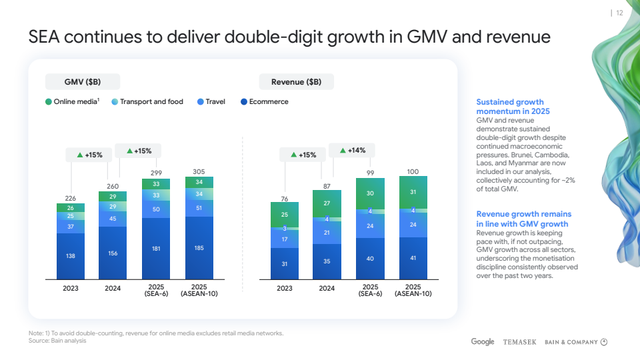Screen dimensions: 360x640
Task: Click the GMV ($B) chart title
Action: (x=83, y=82)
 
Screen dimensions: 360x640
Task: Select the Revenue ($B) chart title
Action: (x=296, y=82)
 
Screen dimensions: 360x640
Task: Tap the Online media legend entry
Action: (x=73, y=102)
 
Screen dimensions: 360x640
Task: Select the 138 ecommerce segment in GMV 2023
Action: (x=70, y=256)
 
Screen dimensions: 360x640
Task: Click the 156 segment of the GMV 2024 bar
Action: (x=113, y=253)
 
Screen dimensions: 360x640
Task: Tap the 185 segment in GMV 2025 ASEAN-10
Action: (x=199, y=248)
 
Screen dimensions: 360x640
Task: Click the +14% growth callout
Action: (x=352, y=151)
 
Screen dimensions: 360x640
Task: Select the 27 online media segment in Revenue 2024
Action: (x=327, y=203)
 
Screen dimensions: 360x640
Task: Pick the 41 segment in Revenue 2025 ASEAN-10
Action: (x=413, y=257)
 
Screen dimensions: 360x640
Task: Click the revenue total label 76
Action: (x=284, y=199)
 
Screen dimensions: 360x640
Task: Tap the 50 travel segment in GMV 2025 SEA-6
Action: (x=156, y=209)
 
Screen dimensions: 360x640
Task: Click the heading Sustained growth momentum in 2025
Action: (x=510, y=106)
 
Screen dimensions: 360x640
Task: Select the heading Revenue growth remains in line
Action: (x=523, y=219)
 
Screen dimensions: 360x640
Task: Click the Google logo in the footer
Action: (x=483, y=342)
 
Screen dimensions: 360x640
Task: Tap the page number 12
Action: (x=619, y=13)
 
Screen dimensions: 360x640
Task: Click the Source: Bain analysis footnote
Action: (x=57, y=341)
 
